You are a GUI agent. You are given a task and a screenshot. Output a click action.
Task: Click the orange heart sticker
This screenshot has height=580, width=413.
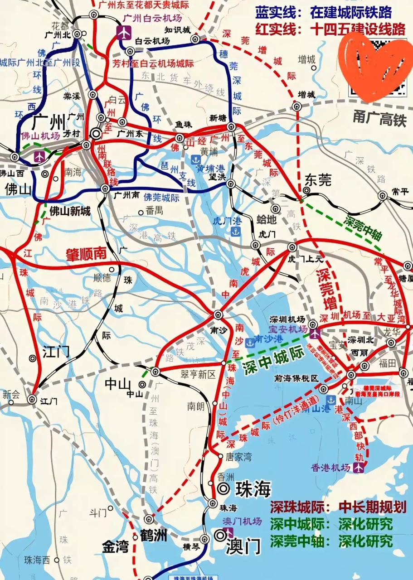click(374, 68)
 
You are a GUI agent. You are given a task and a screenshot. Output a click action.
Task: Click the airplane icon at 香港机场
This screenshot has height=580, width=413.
click(360, 468)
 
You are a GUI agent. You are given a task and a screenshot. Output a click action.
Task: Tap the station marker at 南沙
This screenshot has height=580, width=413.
click(219, 314)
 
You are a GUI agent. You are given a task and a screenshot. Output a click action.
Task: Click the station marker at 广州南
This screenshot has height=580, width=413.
click(105, 188)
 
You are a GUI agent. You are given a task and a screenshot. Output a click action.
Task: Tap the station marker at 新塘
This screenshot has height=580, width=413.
click(231, 126)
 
